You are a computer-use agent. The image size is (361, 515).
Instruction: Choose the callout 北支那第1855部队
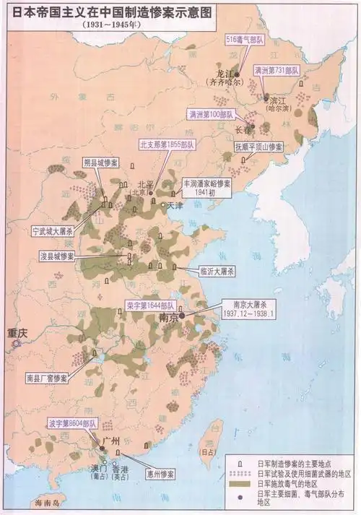pyautogui.click(x=167, y=144)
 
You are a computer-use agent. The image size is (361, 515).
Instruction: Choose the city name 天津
pyautogui.click(x=175, y=207)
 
